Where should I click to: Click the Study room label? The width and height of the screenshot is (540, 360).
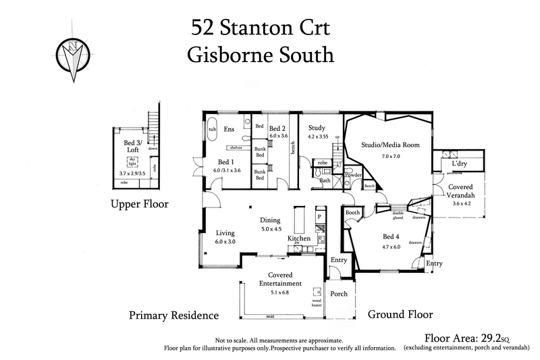[317, 128]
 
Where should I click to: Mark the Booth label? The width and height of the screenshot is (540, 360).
[352, 213]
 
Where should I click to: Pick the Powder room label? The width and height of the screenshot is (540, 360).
[353, 174]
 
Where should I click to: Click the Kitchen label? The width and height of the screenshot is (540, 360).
[298, 238]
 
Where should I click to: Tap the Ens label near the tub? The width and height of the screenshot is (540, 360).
[229, 128]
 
